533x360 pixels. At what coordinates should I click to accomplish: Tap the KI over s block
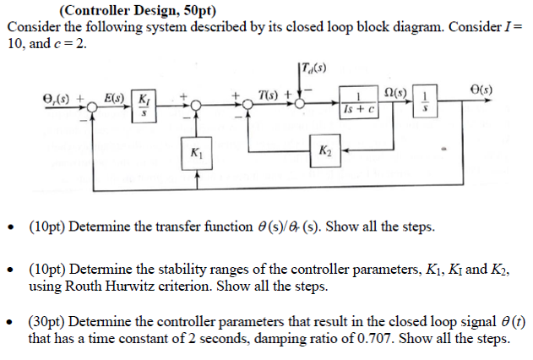coord(144,107)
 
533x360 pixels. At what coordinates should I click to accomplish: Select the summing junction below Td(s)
coord(301,105)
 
